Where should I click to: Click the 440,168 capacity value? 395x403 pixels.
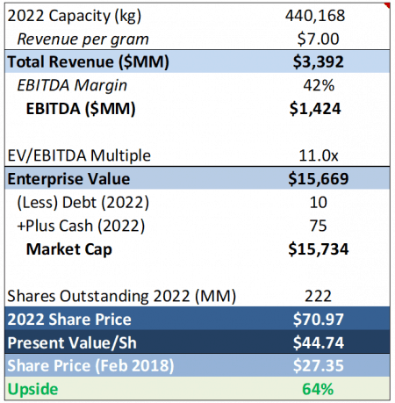click(315, 16)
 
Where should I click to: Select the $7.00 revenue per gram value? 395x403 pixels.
click(318, 39)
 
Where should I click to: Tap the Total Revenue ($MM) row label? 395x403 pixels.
click(88, 62)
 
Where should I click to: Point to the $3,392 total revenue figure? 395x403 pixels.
click(319, 61)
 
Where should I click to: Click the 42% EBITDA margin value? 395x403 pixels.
click(319, 85)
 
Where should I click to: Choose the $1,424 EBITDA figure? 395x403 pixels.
click(315, 109)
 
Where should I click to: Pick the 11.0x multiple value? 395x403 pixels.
click(319, 155)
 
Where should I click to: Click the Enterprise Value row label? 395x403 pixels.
click(68, 179)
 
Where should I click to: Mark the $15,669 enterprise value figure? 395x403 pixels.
click(319, 179)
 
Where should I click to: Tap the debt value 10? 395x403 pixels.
click(319, 202)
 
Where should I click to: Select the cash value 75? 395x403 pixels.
click(319, 226)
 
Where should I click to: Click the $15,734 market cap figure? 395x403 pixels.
click(319, 249)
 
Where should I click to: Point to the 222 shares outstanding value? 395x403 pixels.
click(319, 296)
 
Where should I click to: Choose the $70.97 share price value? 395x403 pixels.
click(319, 319)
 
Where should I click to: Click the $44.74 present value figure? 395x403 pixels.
click(319, 342)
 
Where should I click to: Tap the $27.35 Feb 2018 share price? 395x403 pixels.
click(319, 366)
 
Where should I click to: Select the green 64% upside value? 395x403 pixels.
click(318, 389)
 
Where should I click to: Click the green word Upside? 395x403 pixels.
click(32, 390)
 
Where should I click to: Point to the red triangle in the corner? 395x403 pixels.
click(388, 5)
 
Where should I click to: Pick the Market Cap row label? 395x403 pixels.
click(69, 249)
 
